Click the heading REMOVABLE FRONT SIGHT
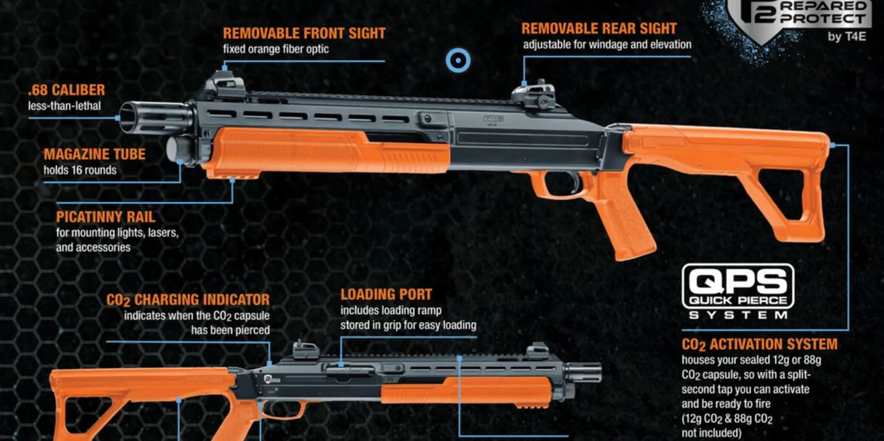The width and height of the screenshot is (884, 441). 304,33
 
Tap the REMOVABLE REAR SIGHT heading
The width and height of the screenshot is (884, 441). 599,28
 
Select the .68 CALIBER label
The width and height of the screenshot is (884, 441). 66,90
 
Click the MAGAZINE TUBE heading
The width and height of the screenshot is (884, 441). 94,155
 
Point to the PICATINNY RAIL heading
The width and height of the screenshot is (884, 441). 105,217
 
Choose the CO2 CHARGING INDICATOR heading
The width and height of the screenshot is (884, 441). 188,300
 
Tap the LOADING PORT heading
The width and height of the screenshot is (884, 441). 386,294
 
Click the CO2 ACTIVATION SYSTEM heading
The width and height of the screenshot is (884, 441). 759,345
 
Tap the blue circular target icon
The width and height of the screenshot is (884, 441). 458,61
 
